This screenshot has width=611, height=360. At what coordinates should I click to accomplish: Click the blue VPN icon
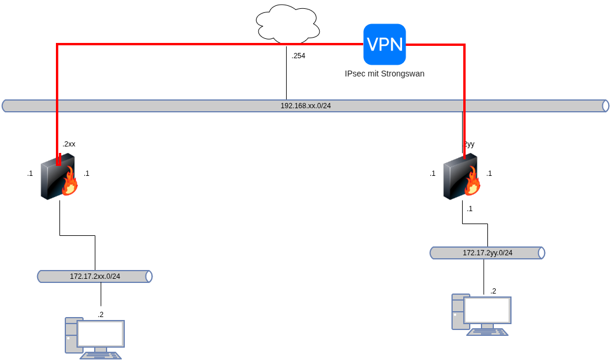point(384,44)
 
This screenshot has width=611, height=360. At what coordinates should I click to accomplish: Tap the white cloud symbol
point(287,25)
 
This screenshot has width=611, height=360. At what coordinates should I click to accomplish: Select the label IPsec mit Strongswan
point(384,74)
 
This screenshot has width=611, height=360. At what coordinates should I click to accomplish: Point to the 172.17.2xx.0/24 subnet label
point(95,276)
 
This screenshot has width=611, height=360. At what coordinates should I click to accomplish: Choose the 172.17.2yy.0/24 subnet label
point(487,253)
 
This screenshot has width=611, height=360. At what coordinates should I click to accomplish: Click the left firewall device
point(58,177)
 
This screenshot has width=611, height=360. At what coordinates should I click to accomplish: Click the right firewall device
point(461,177)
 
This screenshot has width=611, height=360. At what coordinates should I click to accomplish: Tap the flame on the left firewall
point(70,182)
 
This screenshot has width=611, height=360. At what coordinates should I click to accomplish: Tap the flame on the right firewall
point(473,182)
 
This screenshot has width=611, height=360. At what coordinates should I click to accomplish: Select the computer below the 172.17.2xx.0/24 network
point(95,338)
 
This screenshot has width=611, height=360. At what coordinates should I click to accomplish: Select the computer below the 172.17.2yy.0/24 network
point(482,315)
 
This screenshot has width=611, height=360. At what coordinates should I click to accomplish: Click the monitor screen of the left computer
point(101,334)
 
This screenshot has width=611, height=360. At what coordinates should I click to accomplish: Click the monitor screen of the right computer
point(487,310)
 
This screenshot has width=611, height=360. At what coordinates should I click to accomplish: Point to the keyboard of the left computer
point(101,355)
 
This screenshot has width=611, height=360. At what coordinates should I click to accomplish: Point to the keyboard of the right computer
point(487,332)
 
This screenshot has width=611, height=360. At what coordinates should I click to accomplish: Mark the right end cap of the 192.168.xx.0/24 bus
point(606,106)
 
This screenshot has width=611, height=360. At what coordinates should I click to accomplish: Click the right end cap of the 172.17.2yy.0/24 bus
point(542,253)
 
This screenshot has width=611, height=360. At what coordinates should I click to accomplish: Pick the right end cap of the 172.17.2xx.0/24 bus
point(150,276)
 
